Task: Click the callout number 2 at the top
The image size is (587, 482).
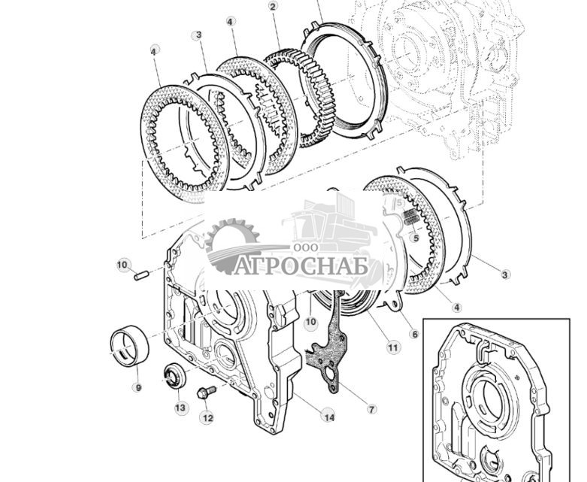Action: tap(273, 6)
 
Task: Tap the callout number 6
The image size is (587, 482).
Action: tap(413, 335)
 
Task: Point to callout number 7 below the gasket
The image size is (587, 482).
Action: tap(372, 409)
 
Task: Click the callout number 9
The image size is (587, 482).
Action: tap(137, 387)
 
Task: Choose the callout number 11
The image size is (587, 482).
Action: tap(392, 347)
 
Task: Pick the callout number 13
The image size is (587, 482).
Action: tap(180, 408)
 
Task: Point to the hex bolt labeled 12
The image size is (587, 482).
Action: tap(205, 392)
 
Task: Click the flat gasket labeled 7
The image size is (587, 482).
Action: tap(329, 361)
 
